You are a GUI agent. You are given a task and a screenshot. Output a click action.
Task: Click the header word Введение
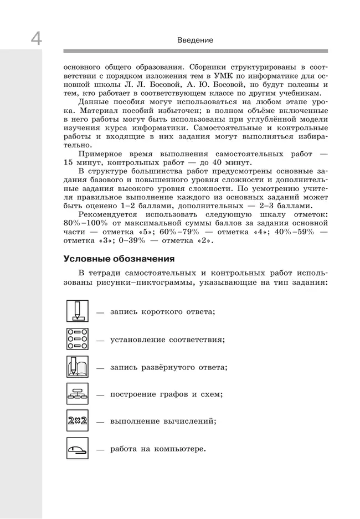[x=195, y=40]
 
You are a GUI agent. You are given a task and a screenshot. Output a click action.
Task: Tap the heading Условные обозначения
[x=119, y=259]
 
